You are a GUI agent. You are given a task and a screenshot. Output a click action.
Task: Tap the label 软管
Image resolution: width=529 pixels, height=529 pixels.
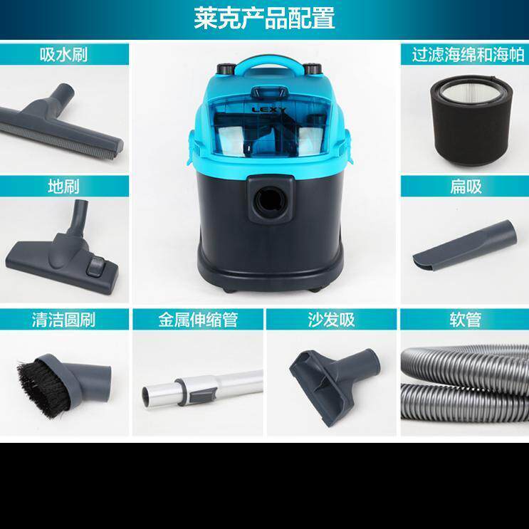tap(464, 320)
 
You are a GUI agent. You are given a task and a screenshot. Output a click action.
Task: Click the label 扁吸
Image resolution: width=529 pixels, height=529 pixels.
tap(464, 187)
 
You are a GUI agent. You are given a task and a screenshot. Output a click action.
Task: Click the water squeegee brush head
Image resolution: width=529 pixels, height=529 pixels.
tap(61, 125)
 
